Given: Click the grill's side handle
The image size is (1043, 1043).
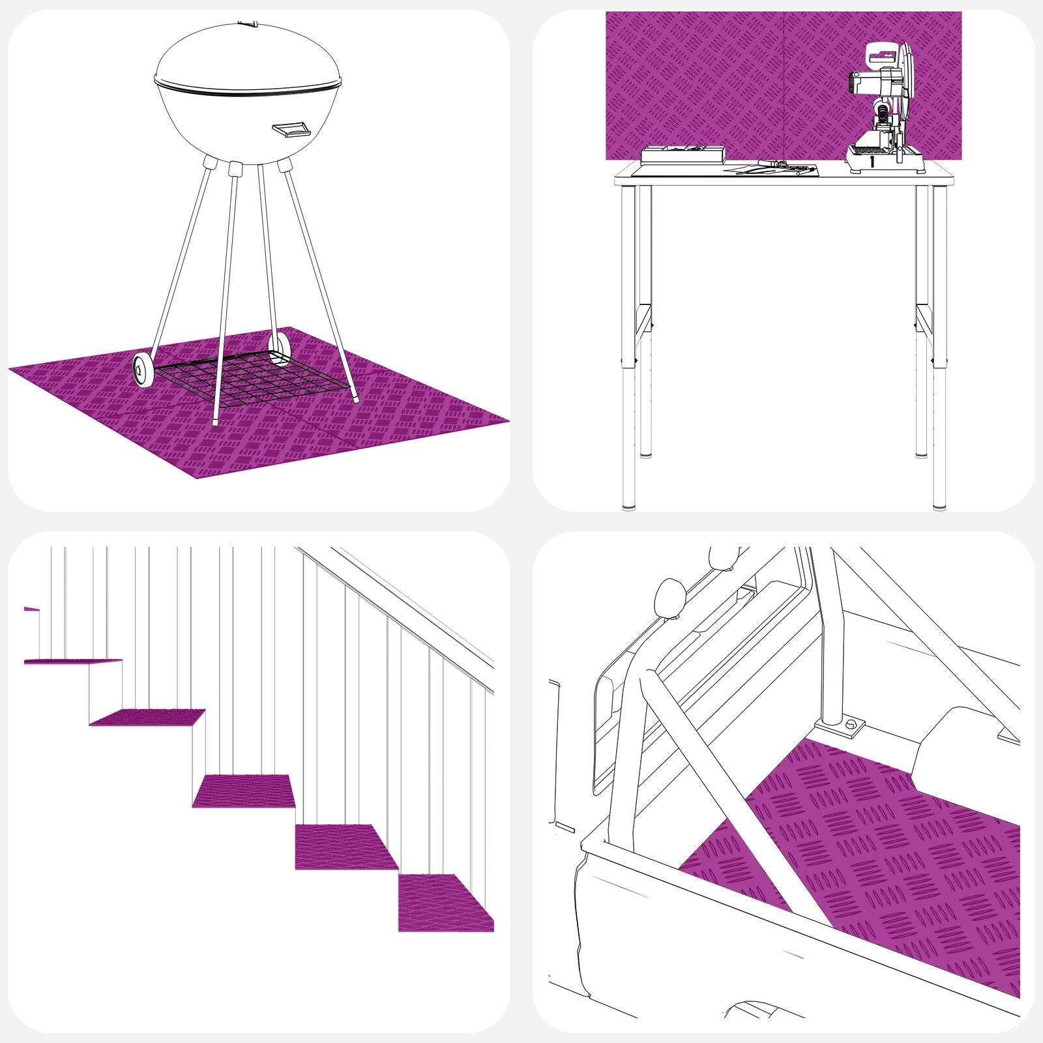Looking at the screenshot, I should coord(291,129).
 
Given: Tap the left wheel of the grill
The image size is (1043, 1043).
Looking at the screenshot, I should coord(142,370).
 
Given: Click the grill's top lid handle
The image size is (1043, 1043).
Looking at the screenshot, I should coord(248,24).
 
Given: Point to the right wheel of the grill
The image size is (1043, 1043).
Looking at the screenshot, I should coord(280,350).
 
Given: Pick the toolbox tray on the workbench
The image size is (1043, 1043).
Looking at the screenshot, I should coord(683,154).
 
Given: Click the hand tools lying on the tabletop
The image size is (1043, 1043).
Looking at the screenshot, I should coord(776,168).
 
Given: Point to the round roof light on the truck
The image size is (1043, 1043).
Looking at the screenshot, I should coord(670,596).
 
